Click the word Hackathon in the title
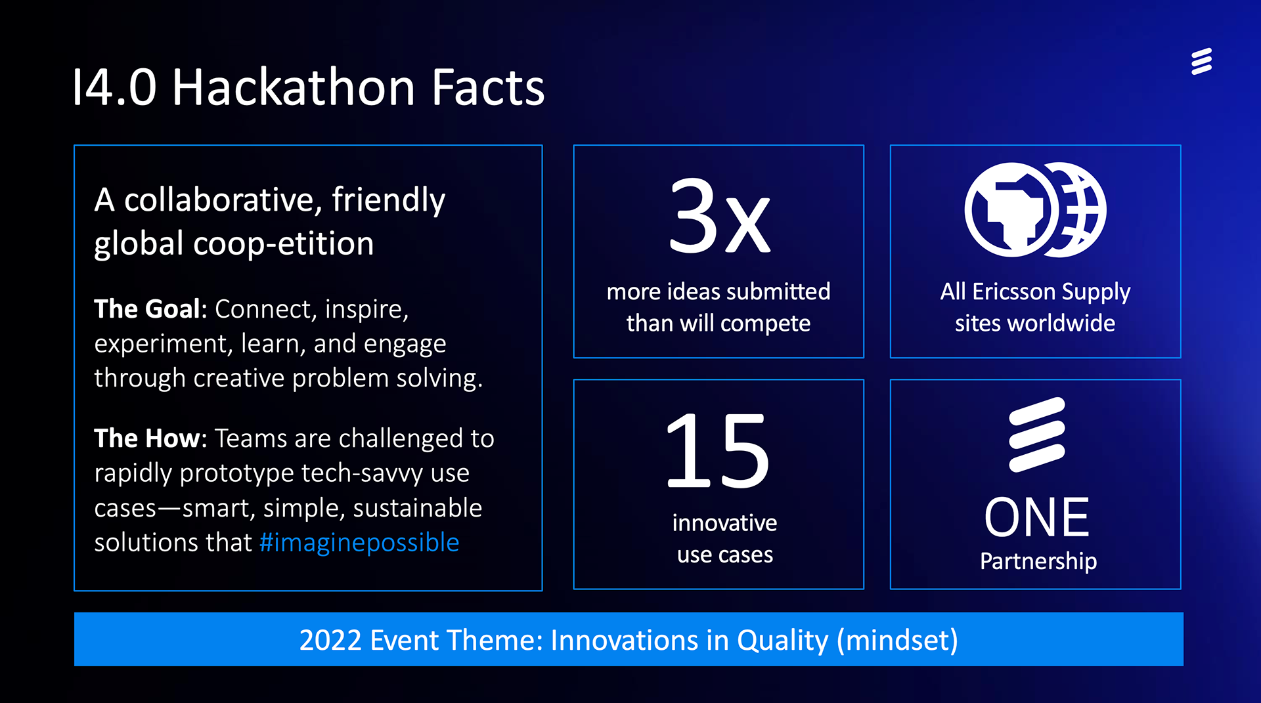click(293, 87)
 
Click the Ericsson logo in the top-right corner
click(1201, 61)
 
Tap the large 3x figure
click(719, 215)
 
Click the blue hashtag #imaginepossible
click(359, 543)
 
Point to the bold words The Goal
click(150, 309)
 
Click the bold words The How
click(150, 438)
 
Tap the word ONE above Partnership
click(1036, 517)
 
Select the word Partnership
click(1038, 561)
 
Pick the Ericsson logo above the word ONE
click(1037, 435)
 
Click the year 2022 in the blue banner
click(330, 640)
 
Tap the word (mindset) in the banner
click(898, 641)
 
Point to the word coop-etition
click(283, 244)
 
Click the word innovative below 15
click(724, 522)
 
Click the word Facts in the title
click(488, 87)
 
